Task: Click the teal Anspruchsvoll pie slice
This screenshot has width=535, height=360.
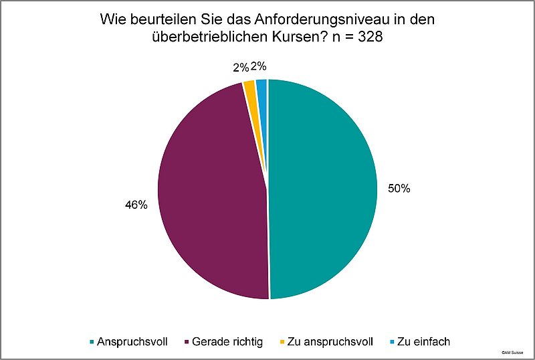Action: coord(321,191)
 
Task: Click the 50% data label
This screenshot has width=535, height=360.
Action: coord(399,189)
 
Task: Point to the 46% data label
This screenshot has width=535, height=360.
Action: coord(136,205)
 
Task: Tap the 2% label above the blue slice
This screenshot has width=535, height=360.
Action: coord(258,66)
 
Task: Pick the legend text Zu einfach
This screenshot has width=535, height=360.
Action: coord(423,341)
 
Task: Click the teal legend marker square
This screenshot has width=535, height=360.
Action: coord(92,342)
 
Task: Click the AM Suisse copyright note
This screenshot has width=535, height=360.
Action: coord(513,351)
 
